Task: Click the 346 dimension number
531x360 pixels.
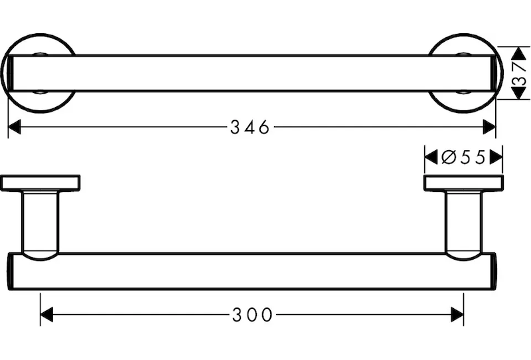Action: (250, 128)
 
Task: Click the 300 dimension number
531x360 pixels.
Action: (252, 315)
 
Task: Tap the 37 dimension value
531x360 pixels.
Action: (520, 74)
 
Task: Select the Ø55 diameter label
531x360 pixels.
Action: (463, 157)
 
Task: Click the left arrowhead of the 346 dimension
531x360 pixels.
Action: (14, 127)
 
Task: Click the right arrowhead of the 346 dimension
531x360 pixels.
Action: (489, 127)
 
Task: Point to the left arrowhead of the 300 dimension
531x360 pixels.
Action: (46, 315)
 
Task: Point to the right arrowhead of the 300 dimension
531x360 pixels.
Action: (457, 315)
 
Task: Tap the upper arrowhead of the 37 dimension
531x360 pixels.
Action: (518, 53)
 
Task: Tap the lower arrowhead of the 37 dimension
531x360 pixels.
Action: (518, 93)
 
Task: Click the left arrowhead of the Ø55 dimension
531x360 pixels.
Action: (431, 157)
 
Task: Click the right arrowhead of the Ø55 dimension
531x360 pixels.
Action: (496, 157)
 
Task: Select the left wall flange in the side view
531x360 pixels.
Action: (40, 183)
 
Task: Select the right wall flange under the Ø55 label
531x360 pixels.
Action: (463, 183)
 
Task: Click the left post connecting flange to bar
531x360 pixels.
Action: (40, 224)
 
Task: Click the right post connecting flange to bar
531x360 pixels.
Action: (463, 224)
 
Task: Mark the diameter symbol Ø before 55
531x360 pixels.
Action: (449, 157)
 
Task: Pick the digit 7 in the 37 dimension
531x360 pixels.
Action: (520, 67)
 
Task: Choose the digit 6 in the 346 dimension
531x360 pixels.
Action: (264, 128)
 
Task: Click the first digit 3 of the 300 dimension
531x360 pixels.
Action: (238, 315)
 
